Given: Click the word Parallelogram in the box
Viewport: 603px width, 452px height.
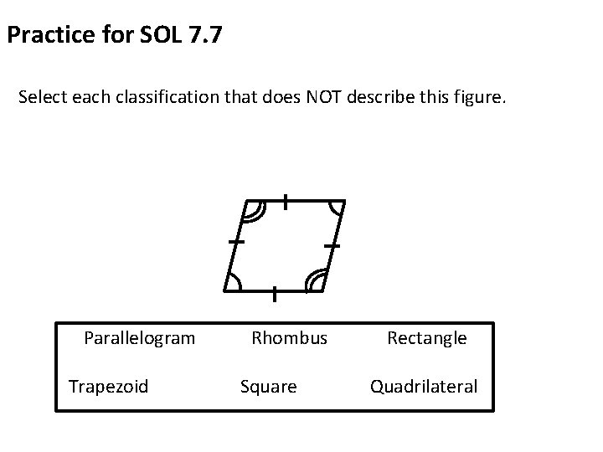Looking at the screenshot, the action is (139, 338).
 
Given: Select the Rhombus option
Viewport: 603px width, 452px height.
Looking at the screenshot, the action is (290, 338).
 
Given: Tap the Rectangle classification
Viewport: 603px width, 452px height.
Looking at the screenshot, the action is (426, 338).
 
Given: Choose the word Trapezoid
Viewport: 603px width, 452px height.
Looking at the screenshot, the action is (108, 386).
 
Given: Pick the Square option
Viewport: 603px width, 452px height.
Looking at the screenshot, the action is (268, 386).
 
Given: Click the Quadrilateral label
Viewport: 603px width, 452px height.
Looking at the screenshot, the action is (424, 386).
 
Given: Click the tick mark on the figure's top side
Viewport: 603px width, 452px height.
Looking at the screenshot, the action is (286, 201).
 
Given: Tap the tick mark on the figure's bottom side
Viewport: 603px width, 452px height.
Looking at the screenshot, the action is (275, 293).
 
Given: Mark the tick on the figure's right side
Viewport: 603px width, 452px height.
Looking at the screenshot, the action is (332, 246).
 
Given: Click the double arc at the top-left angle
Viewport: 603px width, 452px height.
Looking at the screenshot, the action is (252, 212).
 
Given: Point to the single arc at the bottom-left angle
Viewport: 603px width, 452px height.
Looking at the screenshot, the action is (235, 282).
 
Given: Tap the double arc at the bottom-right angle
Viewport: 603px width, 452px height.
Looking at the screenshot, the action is (315, 281).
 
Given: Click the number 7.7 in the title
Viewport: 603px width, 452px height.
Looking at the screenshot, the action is (204, 37).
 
